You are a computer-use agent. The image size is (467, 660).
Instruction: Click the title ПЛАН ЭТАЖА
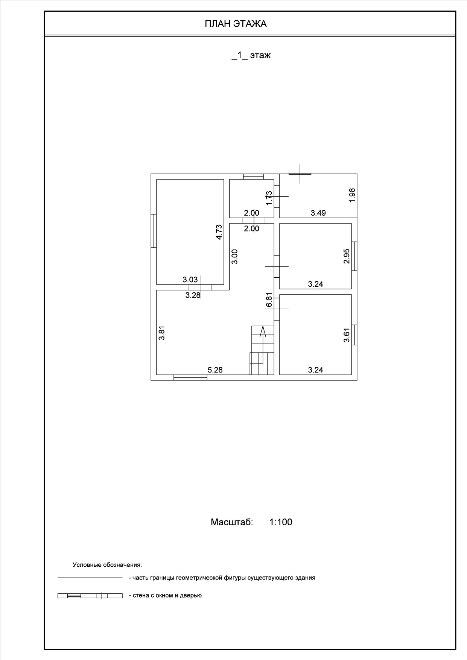(x=236, y=24)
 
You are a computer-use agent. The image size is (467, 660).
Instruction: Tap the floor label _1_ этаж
(x=251, y=55)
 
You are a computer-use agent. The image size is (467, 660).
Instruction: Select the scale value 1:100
(x=281, y=522)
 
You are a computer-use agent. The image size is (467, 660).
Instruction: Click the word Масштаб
(x=232, y=522)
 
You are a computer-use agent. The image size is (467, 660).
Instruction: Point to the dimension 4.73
(x=219, y=232)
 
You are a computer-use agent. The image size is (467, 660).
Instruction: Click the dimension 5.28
(x=215, y=370)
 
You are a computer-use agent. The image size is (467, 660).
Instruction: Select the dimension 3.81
(x=162, y=333)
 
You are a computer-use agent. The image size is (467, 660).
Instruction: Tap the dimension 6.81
(x=269, y=300)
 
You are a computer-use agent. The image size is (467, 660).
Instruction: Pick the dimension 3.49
(x=318, y=213)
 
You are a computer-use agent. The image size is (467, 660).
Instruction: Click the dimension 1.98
(x=352, y=195)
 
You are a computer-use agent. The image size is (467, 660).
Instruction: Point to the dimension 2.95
(x=347, y=256)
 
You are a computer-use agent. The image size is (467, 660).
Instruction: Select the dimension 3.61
(x=347, y=335)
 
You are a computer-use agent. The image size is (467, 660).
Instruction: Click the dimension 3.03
(x=190, y=280)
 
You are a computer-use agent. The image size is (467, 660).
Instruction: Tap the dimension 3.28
(x=193, y=295)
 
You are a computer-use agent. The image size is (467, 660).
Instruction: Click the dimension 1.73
(x=269, y=198)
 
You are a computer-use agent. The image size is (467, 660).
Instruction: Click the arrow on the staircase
(x=263, y=331)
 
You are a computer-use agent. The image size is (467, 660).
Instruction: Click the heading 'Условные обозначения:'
(x=107, y=565)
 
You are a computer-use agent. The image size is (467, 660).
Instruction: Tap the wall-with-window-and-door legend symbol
(x=90, y=596)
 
